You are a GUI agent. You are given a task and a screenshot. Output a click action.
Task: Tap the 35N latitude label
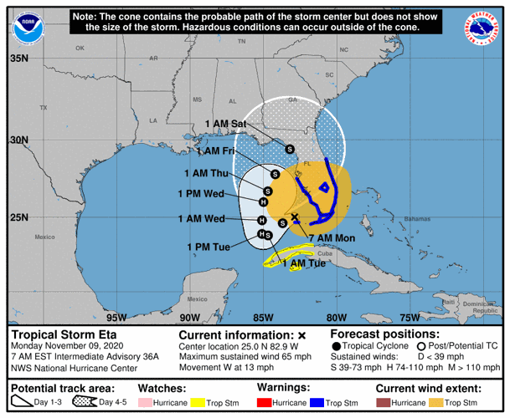point(18,59)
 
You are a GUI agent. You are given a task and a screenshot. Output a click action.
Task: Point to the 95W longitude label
point(116,318)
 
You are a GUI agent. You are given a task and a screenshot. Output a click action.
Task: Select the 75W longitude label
point(410,318)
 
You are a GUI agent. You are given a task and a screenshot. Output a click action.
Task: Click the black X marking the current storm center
point(295,217)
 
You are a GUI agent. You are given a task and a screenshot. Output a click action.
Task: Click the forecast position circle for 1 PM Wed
point(264,201)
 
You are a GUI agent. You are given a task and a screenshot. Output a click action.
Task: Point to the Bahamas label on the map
point(416,218)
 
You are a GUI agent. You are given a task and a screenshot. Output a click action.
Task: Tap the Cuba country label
point(326,253)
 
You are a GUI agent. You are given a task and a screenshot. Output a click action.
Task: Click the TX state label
point(44,108)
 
